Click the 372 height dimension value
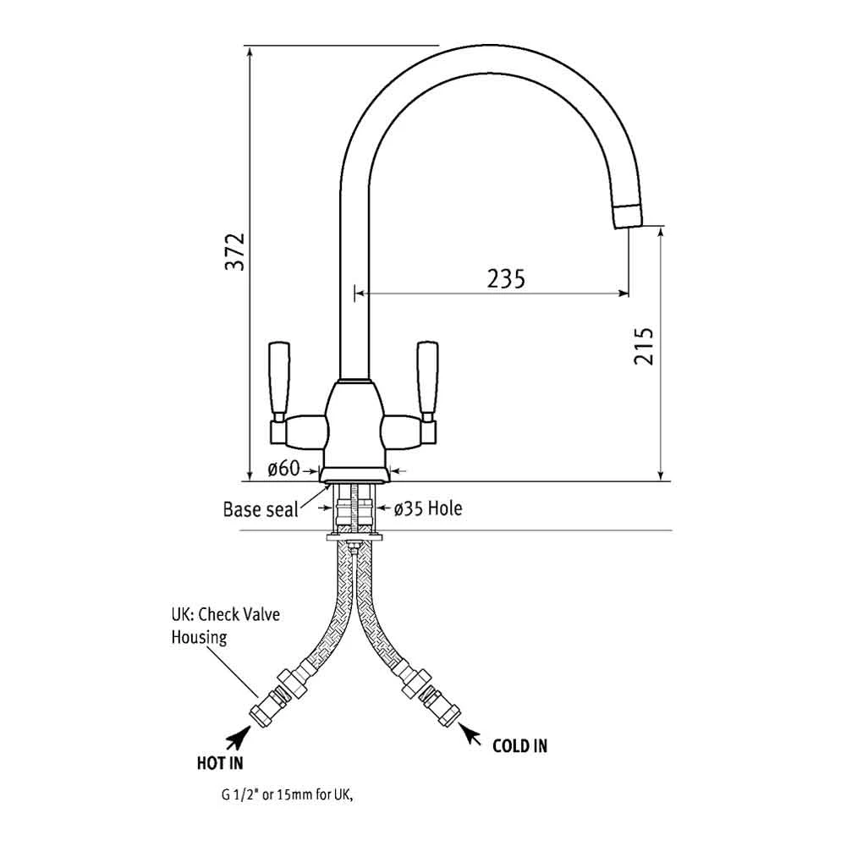[235, 251]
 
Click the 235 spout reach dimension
[506, 279]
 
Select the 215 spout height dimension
[644, 346]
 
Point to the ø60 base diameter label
[283, 469]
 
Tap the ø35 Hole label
[428, 508]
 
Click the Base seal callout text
[261, 509]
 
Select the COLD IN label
[519, 746]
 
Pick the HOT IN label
[220, 763]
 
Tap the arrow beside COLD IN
[470, 733]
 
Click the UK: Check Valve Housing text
[226, 626]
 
